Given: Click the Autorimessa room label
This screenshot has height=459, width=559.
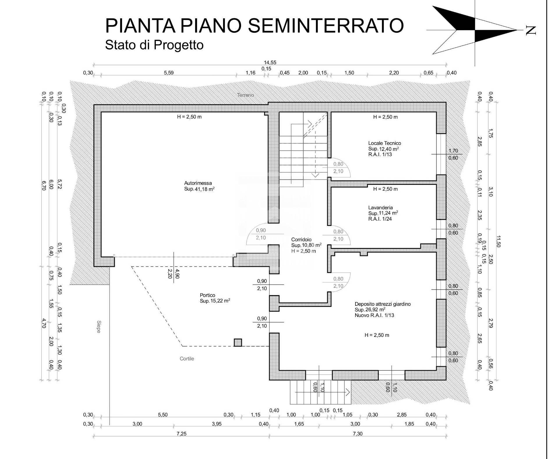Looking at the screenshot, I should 198,183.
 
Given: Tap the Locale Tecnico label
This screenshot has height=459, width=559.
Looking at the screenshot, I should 384,143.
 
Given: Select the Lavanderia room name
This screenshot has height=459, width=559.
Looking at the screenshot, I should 380,208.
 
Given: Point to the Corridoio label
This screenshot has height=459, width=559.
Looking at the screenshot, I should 301,240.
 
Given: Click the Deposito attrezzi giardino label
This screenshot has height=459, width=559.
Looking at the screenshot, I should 383,304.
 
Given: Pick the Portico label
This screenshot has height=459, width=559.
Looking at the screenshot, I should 207,295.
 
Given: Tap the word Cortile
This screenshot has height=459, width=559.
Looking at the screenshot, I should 187,359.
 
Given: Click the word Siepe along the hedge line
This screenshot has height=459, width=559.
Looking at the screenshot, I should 98,326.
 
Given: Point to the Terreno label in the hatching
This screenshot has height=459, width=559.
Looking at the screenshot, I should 245,95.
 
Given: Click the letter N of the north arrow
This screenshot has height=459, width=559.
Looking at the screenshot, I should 531,30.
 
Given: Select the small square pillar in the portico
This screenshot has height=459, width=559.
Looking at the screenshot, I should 238,343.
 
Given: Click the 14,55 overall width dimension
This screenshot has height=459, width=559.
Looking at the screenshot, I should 270,62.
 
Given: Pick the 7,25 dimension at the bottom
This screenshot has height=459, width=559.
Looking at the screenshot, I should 181,434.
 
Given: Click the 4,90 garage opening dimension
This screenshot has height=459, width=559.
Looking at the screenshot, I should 178,274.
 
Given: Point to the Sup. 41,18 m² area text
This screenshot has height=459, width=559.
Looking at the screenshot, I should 199,189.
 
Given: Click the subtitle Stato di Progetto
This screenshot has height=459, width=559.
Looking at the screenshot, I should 154,45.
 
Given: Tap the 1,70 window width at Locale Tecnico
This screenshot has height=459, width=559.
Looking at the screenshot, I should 453,151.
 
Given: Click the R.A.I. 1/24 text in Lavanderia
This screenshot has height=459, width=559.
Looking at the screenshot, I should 380,219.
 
